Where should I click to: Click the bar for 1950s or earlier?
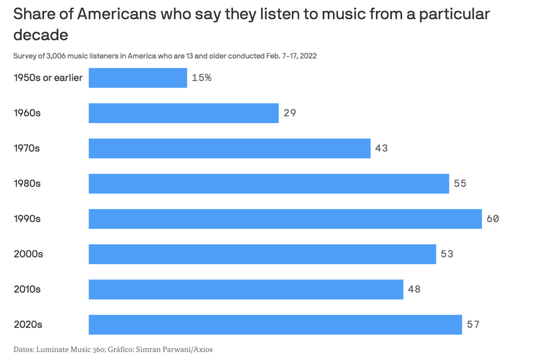tap(137, 78)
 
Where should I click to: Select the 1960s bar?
tap(183, 113)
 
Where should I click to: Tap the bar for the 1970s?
tap(229, 148)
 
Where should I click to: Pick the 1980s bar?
tap(269, 183)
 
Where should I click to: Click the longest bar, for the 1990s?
tap(285, 219)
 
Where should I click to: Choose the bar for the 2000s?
tap(262, 254)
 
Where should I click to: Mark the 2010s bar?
tap(245, 289)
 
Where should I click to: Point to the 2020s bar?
tap(275, 325)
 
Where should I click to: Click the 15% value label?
tap(201, 78)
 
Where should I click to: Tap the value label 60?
tap(493, 219)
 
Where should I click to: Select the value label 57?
tap(473, 325)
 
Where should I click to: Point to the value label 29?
tap(290, 113)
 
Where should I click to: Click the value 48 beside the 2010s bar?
tap(414, 289)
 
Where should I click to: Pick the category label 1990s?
tap(27, 219)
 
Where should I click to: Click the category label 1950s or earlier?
tap(48, 78)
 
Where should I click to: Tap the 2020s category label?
tap(28, 325)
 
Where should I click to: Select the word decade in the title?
tap(40, 35)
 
